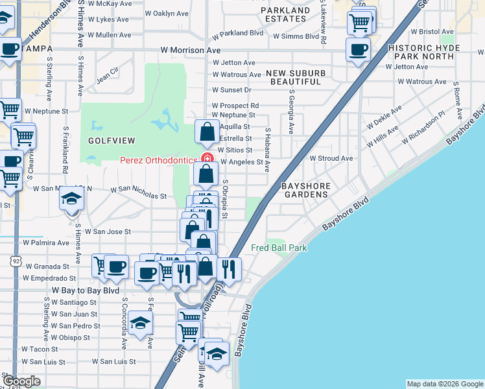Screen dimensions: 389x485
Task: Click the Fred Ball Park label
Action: (279, 248)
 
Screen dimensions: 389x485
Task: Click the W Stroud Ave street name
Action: (331, 158)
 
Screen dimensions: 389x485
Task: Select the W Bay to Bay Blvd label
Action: (86, 290)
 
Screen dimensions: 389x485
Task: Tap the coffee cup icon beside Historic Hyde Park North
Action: (358, 49)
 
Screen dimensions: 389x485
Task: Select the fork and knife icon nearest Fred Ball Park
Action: (229, 267)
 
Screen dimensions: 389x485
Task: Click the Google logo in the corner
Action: (21, 381)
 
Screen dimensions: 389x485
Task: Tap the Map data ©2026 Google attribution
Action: (444, 384)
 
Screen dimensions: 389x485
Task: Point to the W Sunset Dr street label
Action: (231, 90)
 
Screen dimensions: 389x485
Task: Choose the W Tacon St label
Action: (40, 349)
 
